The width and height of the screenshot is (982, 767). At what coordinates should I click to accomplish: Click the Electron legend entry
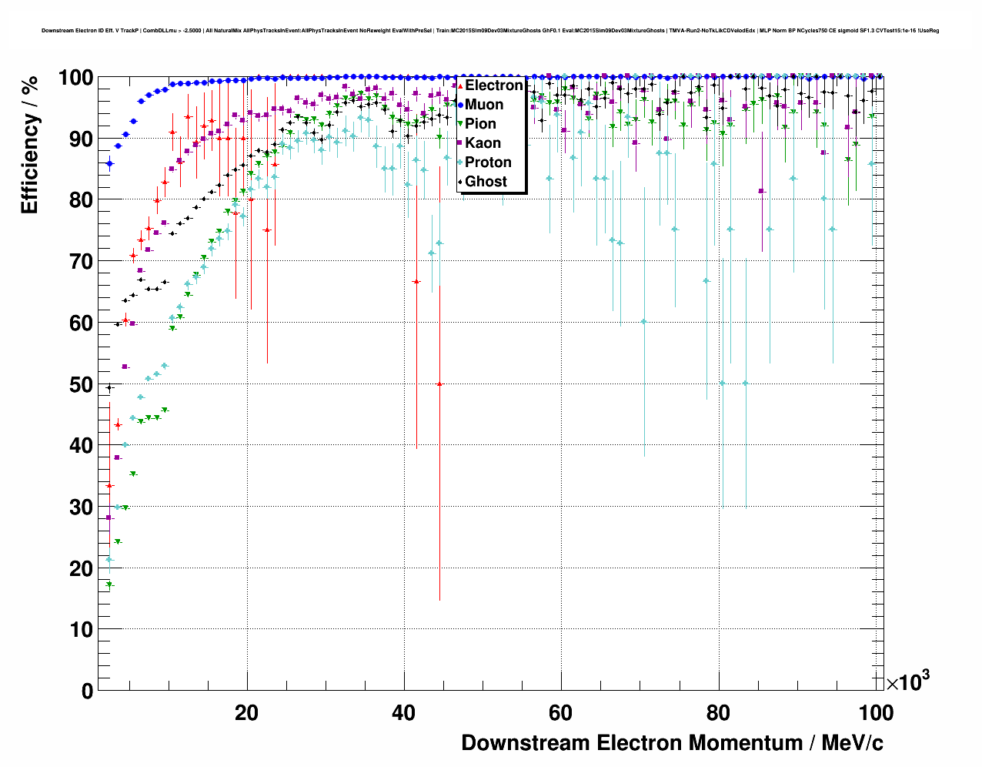tap(493, 85)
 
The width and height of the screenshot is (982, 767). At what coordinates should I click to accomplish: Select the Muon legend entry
tap(484, 105)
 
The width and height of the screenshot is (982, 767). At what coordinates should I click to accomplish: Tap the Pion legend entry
tap(480, 124)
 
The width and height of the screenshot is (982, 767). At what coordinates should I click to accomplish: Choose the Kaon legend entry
tap(483, 143)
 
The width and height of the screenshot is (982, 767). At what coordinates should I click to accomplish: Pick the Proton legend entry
tap(488, 162)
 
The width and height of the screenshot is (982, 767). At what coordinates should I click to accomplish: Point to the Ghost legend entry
tap(486, 182)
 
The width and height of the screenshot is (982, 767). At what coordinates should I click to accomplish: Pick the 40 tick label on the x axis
tap(404, 712)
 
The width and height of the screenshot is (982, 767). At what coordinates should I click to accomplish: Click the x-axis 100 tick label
tap(875, 712)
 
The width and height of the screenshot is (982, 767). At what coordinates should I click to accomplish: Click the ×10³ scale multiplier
tap(907, 681)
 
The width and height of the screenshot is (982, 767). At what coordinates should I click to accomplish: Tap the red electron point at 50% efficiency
tap(439, 383)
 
